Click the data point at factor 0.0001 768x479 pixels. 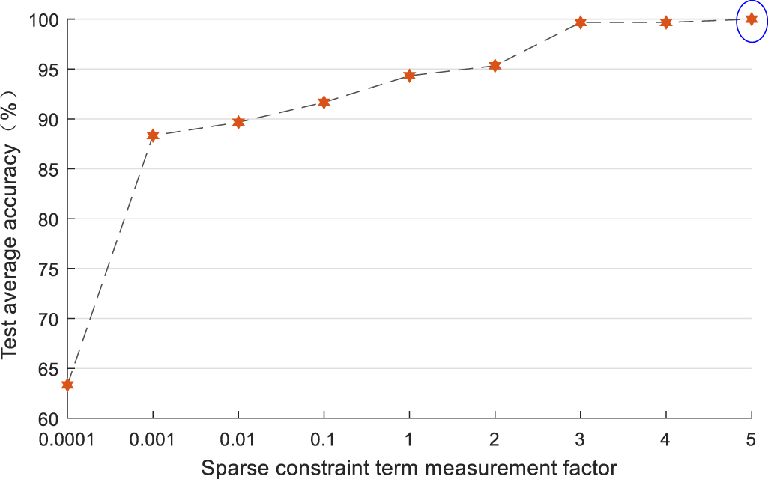pos(67,385)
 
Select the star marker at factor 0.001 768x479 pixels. pos(153,135)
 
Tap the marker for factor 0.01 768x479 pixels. pos(238,122)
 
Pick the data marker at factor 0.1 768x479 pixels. pos(324,102)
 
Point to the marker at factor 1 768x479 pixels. pos(409,76)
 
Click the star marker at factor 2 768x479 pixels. pos(495,66)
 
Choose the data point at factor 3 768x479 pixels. pos(580,22)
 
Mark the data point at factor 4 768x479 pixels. pos(665,22)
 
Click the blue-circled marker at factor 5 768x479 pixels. pos(752,19)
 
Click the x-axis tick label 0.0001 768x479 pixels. pos(67,440)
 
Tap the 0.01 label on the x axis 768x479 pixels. pos(238,440)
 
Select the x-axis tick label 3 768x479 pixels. pos(580,440)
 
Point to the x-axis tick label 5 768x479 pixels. pos(752,440)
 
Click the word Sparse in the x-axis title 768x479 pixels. pos(229,468)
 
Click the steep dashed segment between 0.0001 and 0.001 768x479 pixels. pos(110,260)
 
